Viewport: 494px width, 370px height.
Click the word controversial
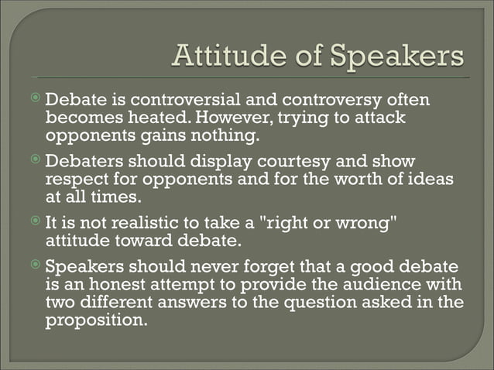(x=190, y=101)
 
